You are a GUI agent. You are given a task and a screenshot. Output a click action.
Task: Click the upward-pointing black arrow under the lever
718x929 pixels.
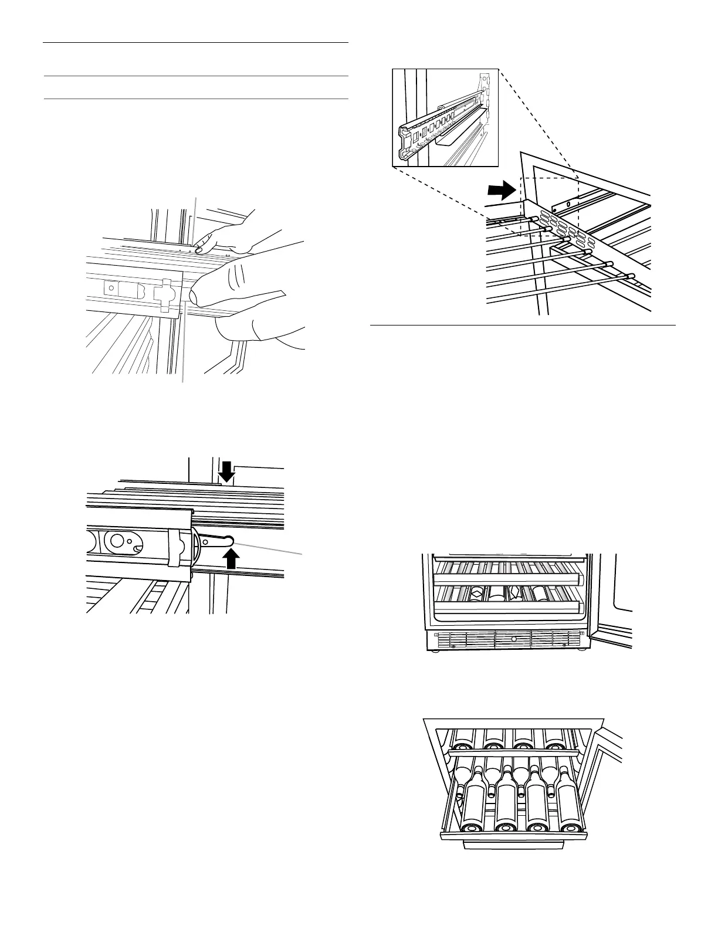coord(233,560)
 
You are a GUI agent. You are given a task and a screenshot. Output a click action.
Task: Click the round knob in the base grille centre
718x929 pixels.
coord(514,637)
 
